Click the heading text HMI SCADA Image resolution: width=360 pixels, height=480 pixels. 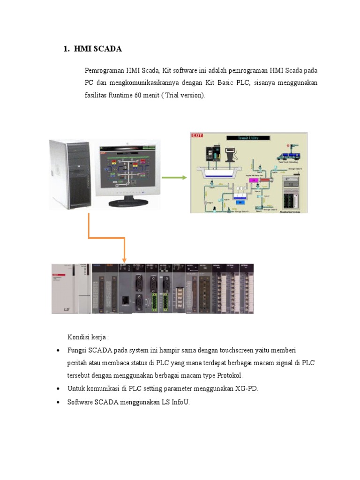coord(98,49)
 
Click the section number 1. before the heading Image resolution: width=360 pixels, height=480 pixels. coord(67,49)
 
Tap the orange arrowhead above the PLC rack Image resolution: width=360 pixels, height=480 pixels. coord(125,259)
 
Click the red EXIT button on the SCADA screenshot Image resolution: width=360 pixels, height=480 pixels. coord(197,136)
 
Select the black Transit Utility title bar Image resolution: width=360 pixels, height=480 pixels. coord(248,138)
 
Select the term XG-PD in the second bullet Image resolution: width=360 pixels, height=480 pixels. coord(247,389)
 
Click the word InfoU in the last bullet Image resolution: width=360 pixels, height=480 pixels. coord(180,402)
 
